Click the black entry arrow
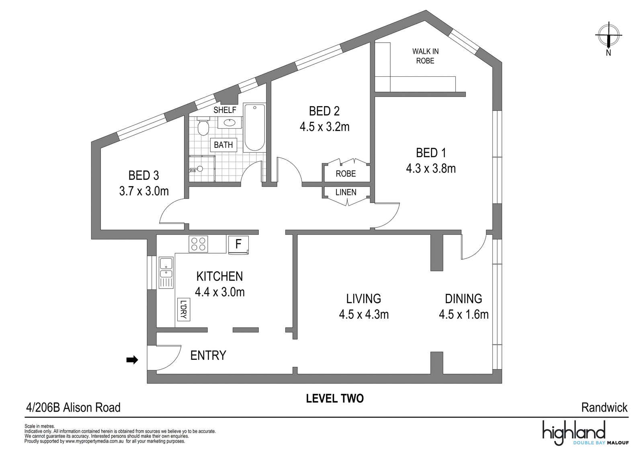[x=132, y=360]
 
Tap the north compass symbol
[x=608, y=37]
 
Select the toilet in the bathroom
[x=203, y=126]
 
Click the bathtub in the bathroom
[x=254, y=127]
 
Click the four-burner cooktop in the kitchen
[x=198, y=244]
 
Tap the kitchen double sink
[x=166, y=273]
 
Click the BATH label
[x=223, y=145]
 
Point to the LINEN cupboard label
[x=346, y=192]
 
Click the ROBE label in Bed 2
[x=346, y=173]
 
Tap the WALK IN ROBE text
[x=426, y=56]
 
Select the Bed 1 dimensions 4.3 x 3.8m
[x=431, y=168]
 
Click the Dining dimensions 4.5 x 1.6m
[x=464, y=314]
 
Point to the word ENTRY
[x=208, y=355]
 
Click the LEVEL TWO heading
[x=335, y=398]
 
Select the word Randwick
[x=604, y=407]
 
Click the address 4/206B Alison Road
[x=73, y=407]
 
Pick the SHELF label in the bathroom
[x=225, y=110]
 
